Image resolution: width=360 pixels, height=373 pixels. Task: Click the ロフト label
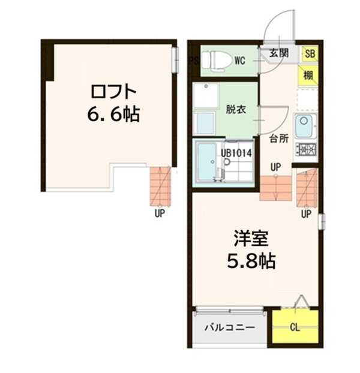(x=114, y=92)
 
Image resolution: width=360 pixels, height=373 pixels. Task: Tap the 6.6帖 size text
(x=113, y=114)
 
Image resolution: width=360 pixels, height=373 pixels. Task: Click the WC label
(x=239, y=60)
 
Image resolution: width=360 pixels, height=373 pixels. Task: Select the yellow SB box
(x=310, y=53)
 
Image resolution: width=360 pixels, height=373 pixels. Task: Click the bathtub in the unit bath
(x=206, y=161)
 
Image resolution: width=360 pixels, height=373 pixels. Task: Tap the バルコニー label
(x=228, y=327)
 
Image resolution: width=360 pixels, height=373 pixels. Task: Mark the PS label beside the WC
(x=193, y=60)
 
